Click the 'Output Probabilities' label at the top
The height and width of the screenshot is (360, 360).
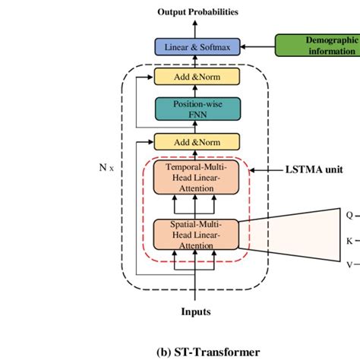pyautogui.click(x=197, y=12)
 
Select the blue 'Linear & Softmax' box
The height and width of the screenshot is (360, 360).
pyautogui.click(x=197, y=47)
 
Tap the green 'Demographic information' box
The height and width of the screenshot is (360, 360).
pyautogui.click(x=317, y=46)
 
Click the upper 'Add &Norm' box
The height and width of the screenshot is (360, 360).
pyautogui.click(x=197, y=77)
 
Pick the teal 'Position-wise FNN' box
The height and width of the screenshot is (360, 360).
pyautogui.click(x=197, y=108)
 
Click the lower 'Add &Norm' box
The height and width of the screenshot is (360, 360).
pyautogui.click(x=197, y=141)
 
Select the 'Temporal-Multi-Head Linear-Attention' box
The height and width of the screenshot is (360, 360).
pyautogui.click(x=197, y=176)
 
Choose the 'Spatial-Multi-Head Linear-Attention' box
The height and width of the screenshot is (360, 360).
pyautogui.click(x=197, y=234)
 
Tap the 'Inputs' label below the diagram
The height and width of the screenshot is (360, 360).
pyautogui.click(x=196, y=311)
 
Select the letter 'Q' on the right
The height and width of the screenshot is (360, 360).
pyautogui.click(x=349, y=215)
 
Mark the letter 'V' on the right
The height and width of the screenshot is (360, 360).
pyautogui.click(x=349, y=264)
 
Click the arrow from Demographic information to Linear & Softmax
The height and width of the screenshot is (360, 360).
pyautogui.click(x=257, y=47)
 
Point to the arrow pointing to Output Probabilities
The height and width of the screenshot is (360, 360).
pyautogui.click(x=197, y=27)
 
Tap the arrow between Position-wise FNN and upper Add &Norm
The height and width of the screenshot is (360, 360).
pyautogui.click(x=197, y=91)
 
